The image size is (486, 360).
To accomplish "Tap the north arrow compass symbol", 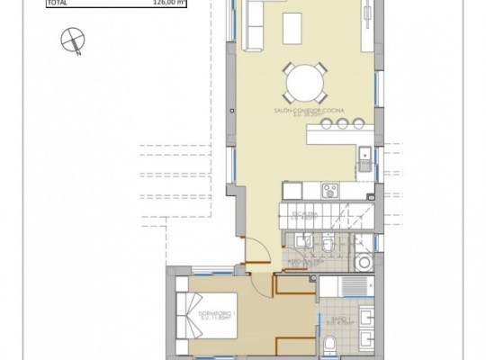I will [69, 40].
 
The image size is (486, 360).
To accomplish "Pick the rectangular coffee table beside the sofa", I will [294, 28].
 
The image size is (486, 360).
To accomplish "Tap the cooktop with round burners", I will [329, 190].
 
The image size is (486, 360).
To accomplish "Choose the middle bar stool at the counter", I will [341, 122].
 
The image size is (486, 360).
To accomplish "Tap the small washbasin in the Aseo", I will [298, 240].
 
